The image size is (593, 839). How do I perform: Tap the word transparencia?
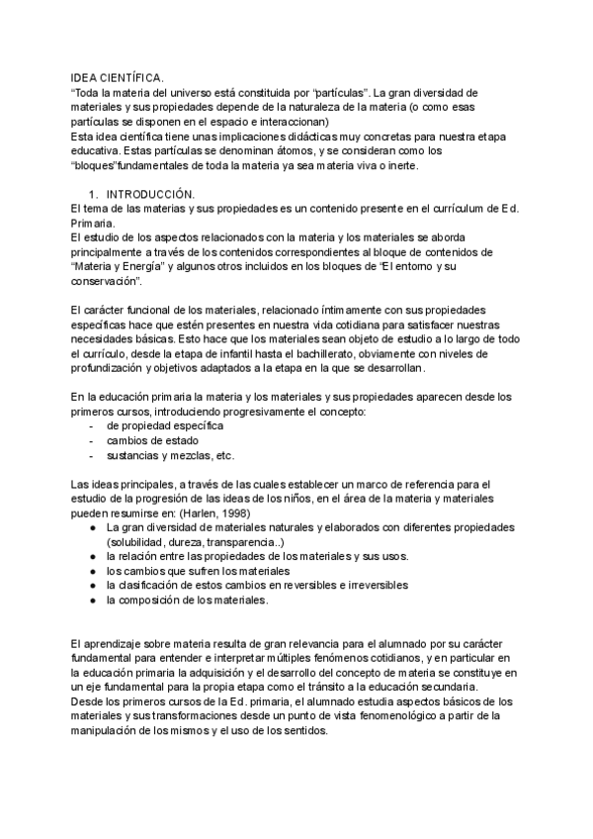251,542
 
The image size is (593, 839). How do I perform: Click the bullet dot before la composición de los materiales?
92,601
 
